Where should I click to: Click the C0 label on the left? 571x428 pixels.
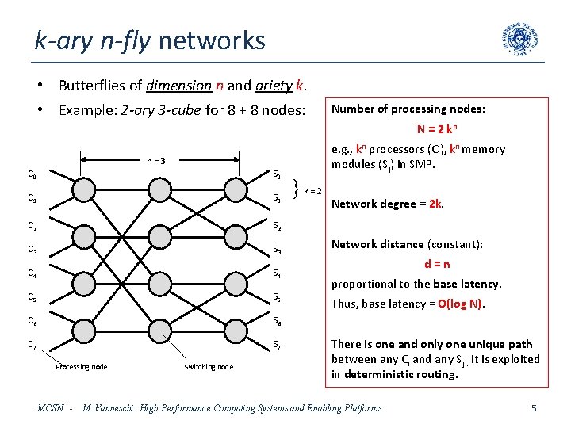click(x=33, y=174)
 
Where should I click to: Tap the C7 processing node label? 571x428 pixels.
click(x=33, y=345)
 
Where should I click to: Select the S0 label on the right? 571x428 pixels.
click(x=277, y=174)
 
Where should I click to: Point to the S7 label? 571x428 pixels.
click(x=277, y=345)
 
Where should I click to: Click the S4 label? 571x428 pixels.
click(x=277, y=274)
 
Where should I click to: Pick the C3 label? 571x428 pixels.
click(x=33, y=250)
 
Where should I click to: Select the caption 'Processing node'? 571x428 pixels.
click(x=81, y=366)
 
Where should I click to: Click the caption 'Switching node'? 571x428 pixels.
click(x=209, y=366)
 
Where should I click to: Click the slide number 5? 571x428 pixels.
click(x=534, y=408)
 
